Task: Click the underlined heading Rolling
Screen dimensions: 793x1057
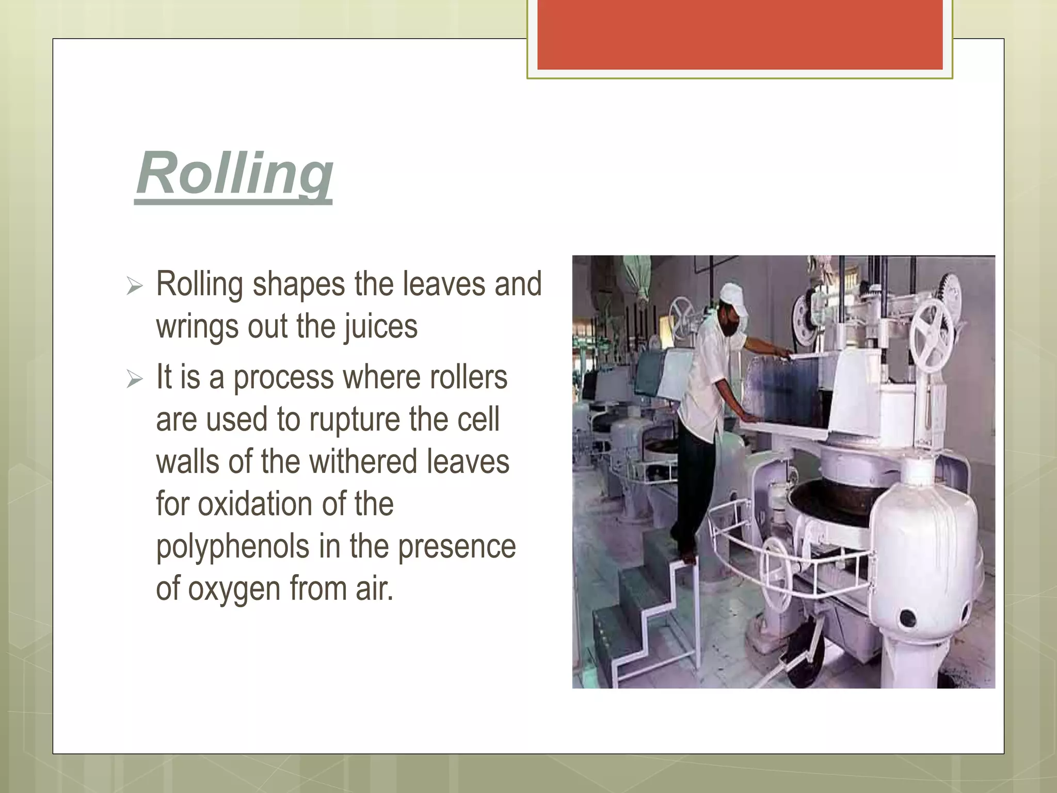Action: (234, 175)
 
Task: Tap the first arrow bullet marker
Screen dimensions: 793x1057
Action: (134, 286)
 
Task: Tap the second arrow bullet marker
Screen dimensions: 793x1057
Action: (134, 379)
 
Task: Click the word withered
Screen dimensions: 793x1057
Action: (357, 462)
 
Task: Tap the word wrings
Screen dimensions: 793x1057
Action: (197, 327)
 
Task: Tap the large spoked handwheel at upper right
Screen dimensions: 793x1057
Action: (931, 336)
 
